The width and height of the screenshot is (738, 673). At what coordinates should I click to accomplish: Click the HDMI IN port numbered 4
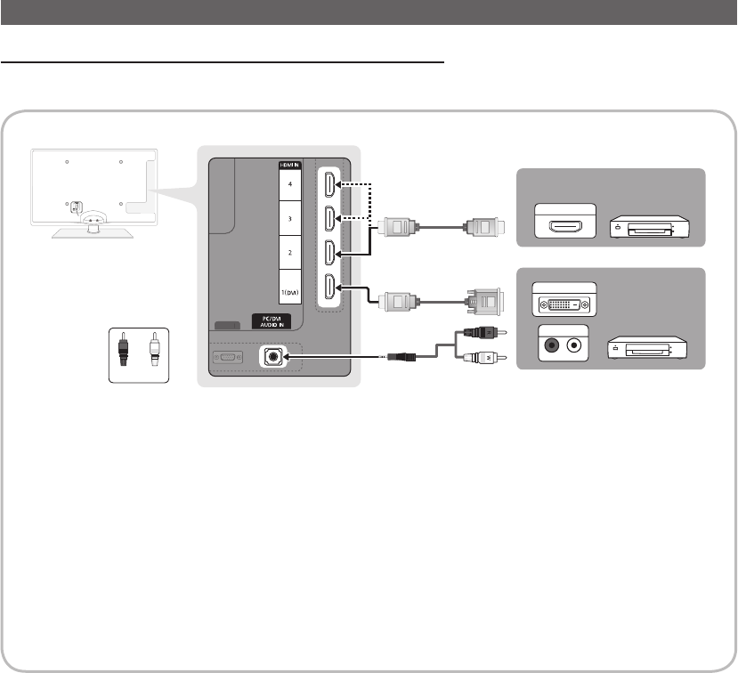coord(329,186)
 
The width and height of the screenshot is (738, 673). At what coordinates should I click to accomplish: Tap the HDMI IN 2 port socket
coord(329,255)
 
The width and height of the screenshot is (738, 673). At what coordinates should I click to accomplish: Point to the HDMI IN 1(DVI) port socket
coord(329,289)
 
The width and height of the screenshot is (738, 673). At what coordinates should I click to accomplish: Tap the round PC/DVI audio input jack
coord(273,356)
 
